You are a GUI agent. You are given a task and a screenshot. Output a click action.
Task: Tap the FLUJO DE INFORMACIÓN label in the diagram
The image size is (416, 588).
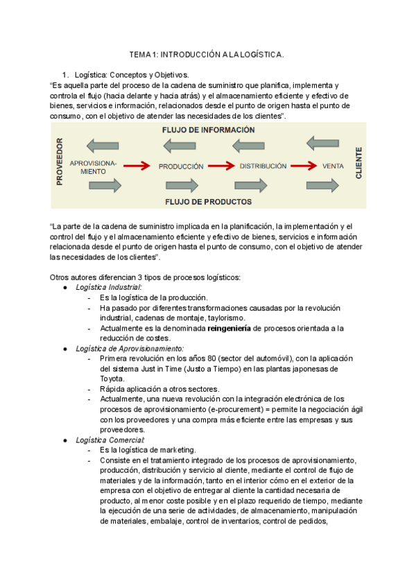point(208,130)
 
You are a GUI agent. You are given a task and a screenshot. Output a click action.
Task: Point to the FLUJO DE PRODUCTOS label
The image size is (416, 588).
point(208,202)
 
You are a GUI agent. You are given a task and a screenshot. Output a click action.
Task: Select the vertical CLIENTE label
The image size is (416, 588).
point(358,164)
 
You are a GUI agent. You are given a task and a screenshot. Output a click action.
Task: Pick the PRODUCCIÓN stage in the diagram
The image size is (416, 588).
point(181,166)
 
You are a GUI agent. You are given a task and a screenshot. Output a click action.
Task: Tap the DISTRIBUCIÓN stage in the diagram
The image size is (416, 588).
point(263,166)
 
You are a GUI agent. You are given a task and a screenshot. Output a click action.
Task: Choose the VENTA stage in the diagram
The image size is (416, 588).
point(333,166)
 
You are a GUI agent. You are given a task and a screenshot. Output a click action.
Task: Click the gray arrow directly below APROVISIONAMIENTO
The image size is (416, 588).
point(105,185)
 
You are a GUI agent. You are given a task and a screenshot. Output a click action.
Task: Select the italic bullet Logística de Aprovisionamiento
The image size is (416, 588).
point(130,347)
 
